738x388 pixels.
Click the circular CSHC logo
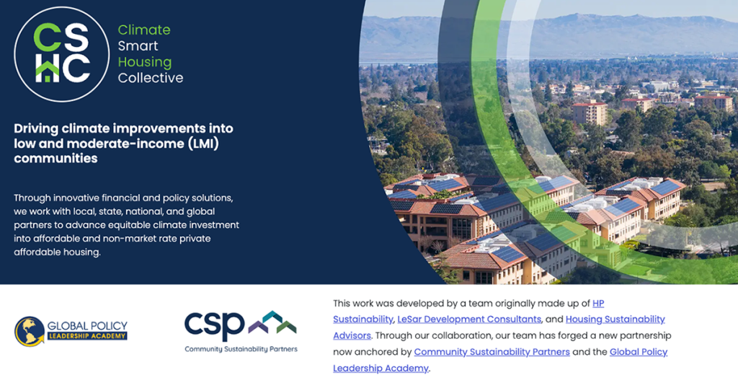pos(62,54)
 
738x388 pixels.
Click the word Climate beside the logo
pos(144,30)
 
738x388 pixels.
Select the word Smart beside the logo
pos(138,45)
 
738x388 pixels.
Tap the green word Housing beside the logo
pos(144,62)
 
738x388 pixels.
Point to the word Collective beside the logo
pos(151,78)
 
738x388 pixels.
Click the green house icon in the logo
pos(48,72)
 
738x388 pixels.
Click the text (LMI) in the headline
pos(203,143)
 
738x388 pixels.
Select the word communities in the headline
pos(55,158)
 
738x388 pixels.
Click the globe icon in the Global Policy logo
pos(29,331)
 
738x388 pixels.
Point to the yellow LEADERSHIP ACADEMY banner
pos(87,336)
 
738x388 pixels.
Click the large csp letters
pos(214,325)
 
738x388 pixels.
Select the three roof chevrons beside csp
pos(272,322)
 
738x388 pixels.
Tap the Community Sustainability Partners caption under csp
pos(241,349)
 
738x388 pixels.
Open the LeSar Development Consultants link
pos(469,319)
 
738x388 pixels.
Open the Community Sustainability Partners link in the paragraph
pos(492,352)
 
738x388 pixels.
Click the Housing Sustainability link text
pos(615,319)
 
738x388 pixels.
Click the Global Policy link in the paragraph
pos(639,352)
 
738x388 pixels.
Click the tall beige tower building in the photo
pos(590,113)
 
